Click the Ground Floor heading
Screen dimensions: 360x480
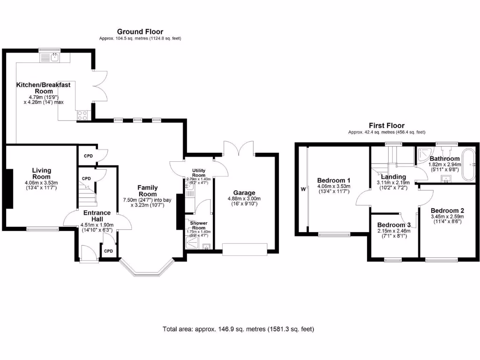click(x=140, y=32)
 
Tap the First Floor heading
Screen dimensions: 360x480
click(x=386, y=126)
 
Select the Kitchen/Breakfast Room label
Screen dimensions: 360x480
click(x=44, y=88)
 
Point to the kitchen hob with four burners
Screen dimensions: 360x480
click(x=82, y=115)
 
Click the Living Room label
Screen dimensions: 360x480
click(x=42, y=173)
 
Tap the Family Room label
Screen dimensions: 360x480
click(x=147, y=191)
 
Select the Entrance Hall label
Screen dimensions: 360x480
click(x=97, y=216)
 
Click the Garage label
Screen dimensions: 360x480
click(x=244, y=193)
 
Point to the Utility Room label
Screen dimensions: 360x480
click(x=199, y=173)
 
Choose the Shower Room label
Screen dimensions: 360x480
click(x=199, y=225)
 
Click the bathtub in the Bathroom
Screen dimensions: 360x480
click(x=469, y=165)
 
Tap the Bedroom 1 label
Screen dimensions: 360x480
click(x=334, y=180)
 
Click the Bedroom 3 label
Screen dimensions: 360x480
click(x=394, y=225)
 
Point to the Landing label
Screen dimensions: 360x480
click(x=394, y=177)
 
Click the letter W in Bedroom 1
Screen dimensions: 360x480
click(x=303, y=190)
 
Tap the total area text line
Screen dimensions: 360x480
click(x=238, y=329)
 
